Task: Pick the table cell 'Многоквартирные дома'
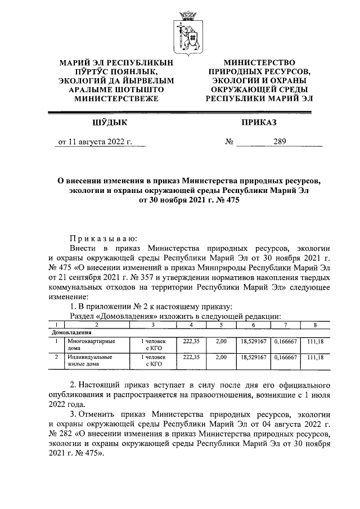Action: tap(88, 344)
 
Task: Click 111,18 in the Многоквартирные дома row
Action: tap(314, 341)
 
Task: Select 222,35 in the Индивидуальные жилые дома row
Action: tap(192, 357)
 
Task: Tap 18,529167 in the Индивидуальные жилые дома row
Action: tap(253, 357)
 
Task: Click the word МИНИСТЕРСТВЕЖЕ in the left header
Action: tap(116, 98)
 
